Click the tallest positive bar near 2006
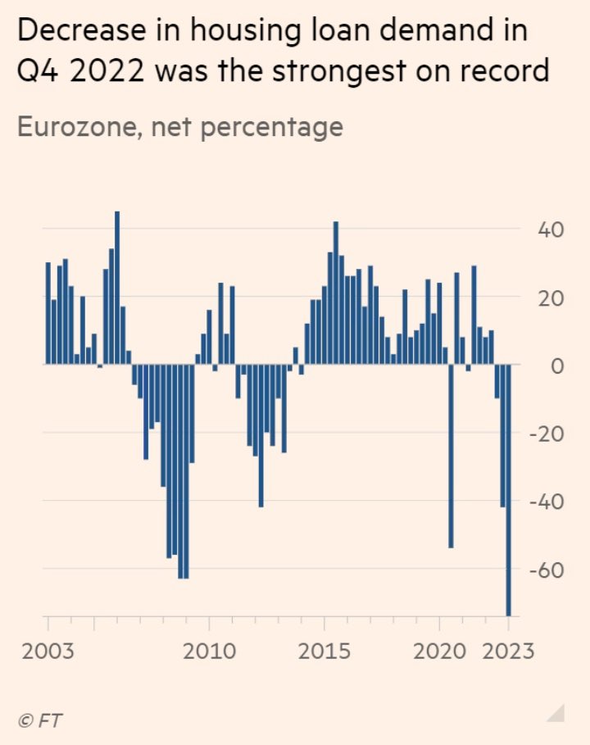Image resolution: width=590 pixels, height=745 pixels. tap(117, 287)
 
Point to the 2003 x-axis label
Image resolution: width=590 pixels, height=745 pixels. tap(47, 652)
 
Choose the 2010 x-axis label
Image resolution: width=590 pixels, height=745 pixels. tap(210, 652)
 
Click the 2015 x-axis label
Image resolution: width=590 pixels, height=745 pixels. tap(325, 652)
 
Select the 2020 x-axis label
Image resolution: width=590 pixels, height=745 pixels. tap(441, 652)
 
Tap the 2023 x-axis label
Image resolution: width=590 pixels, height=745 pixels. tap(507, 652)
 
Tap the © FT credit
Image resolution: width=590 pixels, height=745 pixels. tap(39, 720)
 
